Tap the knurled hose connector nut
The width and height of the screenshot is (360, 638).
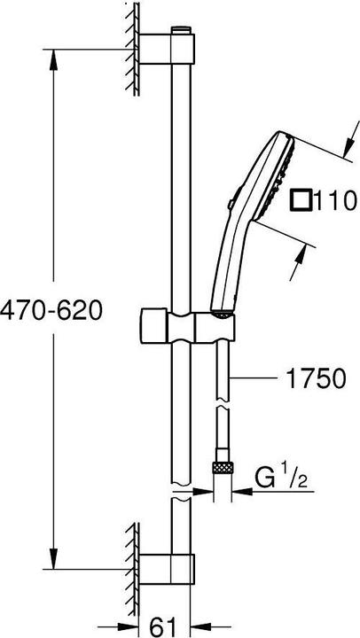221,467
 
